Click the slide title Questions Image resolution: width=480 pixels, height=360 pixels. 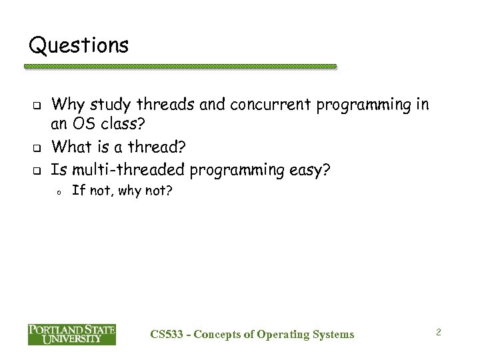pos(79,45)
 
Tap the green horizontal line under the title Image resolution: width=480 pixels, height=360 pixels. pos(180,67)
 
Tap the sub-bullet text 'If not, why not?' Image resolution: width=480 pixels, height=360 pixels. pos(121,192)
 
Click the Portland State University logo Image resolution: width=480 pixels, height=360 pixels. pos(71,334)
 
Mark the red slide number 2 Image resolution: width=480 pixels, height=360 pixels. pos(439,331)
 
